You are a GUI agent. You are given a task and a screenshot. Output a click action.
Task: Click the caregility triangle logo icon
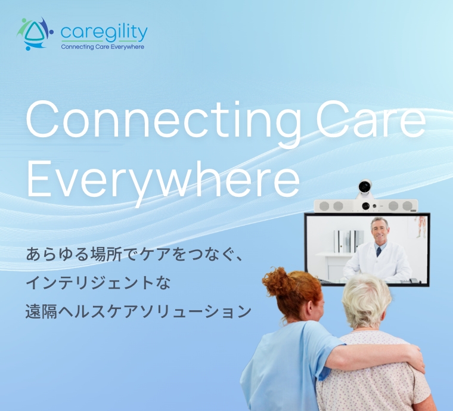coord(35,33)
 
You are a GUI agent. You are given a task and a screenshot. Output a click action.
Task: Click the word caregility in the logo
coord(104,33)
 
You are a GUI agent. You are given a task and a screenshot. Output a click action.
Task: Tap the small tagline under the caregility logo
coord(103,47)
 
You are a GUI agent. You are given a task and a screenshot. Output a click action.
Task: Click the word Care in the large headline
coord(371,119)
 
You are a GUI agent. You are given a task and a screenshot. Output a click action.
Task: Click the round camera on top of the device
coord(365,187)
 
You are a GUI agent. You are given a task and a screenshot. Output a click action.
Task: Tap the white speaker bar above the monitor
coord(366,206)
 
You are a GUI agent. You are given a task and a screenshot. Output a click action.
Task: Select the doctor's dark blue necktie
coord(378,252)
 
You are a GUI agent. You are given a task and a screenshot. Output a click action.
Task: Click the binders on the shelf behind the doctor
coord(349,242)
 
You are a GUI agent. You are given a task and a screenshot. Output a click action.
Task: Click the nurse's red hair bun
coord(277,281)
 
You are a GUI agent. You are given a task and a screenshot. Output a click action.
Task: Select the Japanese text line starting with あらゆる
coord(134,254)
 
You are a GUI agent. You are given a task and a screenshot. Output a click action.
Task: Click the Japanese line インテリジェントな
coord(98,283)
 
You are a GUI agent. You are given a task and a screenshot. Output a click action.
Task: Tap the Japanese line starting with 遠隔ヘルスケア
coord(138,311)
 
